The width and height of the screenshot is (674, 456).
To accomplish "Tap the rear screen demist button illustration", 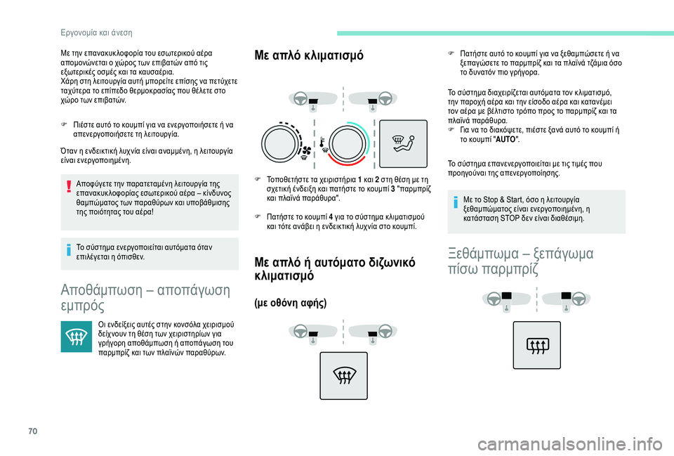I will [x=536, y=344].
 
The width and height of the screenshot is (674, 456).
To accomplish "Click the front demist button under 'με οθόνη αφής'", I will [x=344, y=375].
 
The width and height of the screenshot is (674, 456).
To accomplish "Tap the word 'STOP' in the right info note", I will [x=527, y=218].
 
